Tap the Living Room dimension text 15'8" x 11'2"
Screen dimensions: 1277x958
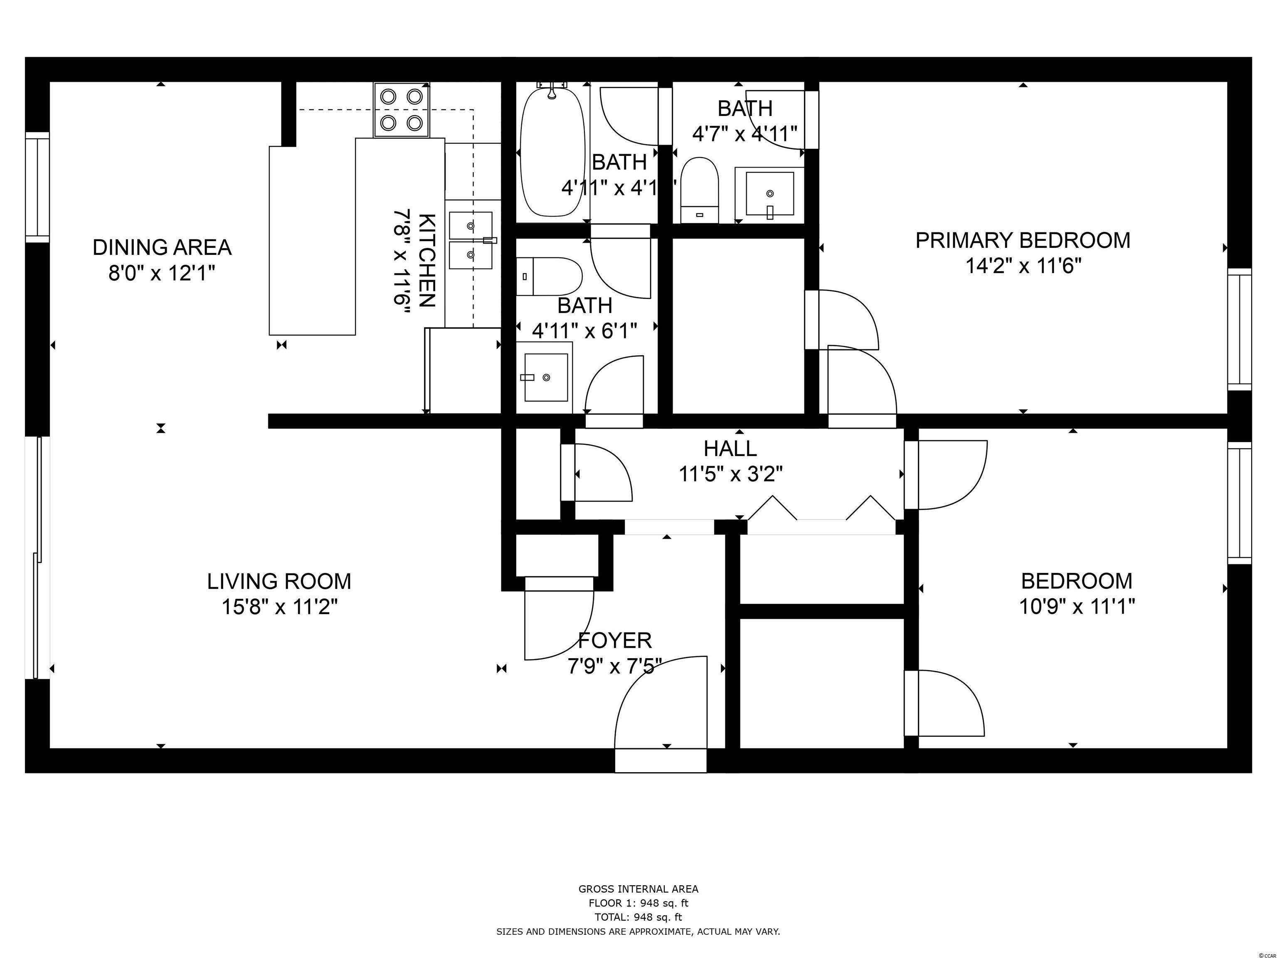coord(279,607)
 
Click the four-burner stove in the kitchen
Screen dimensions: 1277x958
coord(401,110)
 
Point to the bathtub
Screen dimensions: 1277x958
coord(552,153)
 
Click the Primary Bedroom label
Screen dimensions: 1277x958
coord(1023,240)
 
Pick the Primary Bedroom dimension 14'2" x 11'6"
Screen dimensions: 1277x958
coord(1023,266)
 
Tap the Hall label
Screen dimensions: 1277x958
coord(730,448)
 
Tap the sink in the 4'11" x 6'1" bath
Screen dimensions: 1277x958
coord(545,377)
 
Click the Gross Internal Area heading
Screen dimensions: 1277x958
coord(638,889)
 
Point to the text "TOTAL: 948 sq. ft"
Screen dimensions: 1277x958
coord(638,917)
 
